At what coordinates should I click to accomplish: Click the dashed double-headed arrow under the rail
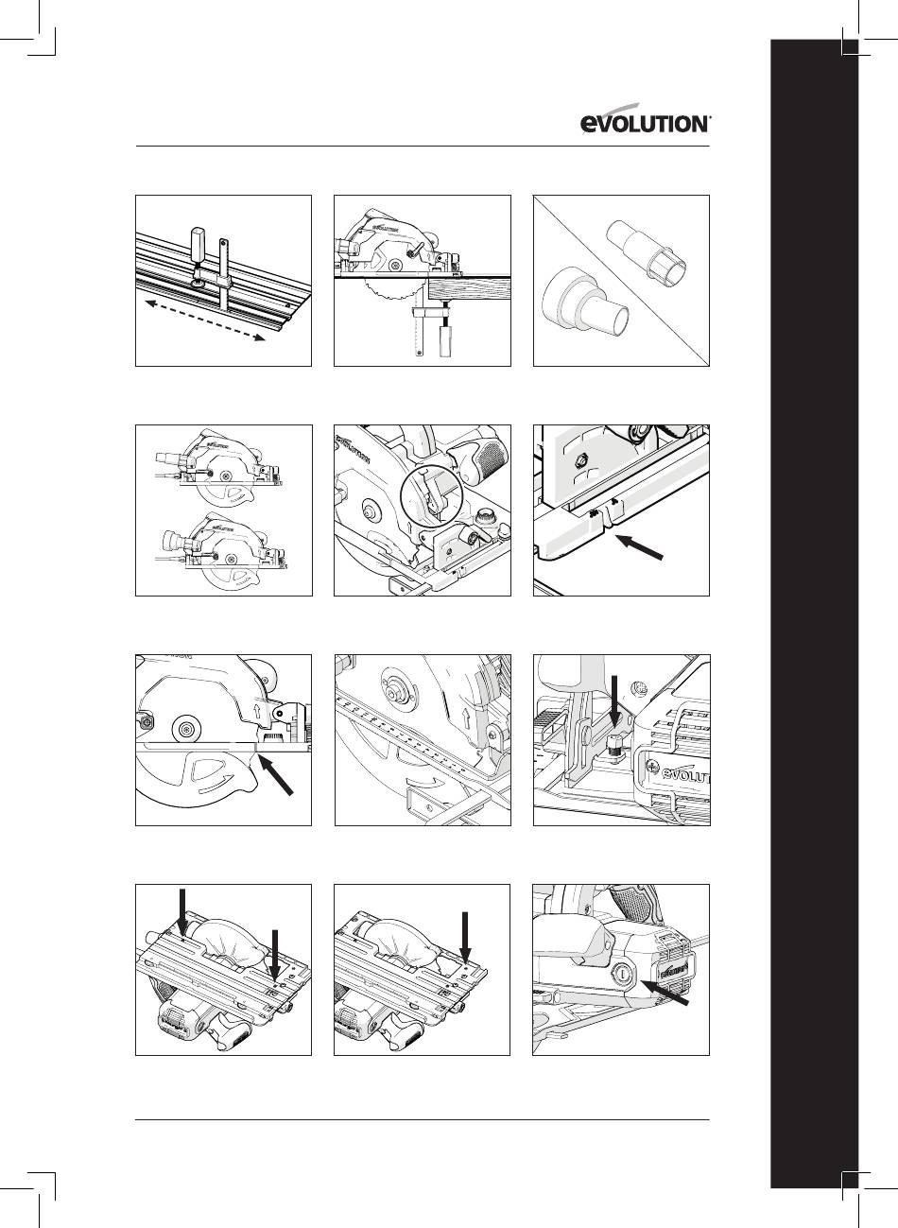click(205, 320)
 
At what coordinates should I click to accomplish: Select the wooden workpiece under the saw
click(469, 289)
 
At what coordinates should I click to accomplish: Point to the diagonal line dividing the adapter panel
click(622, 281)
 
